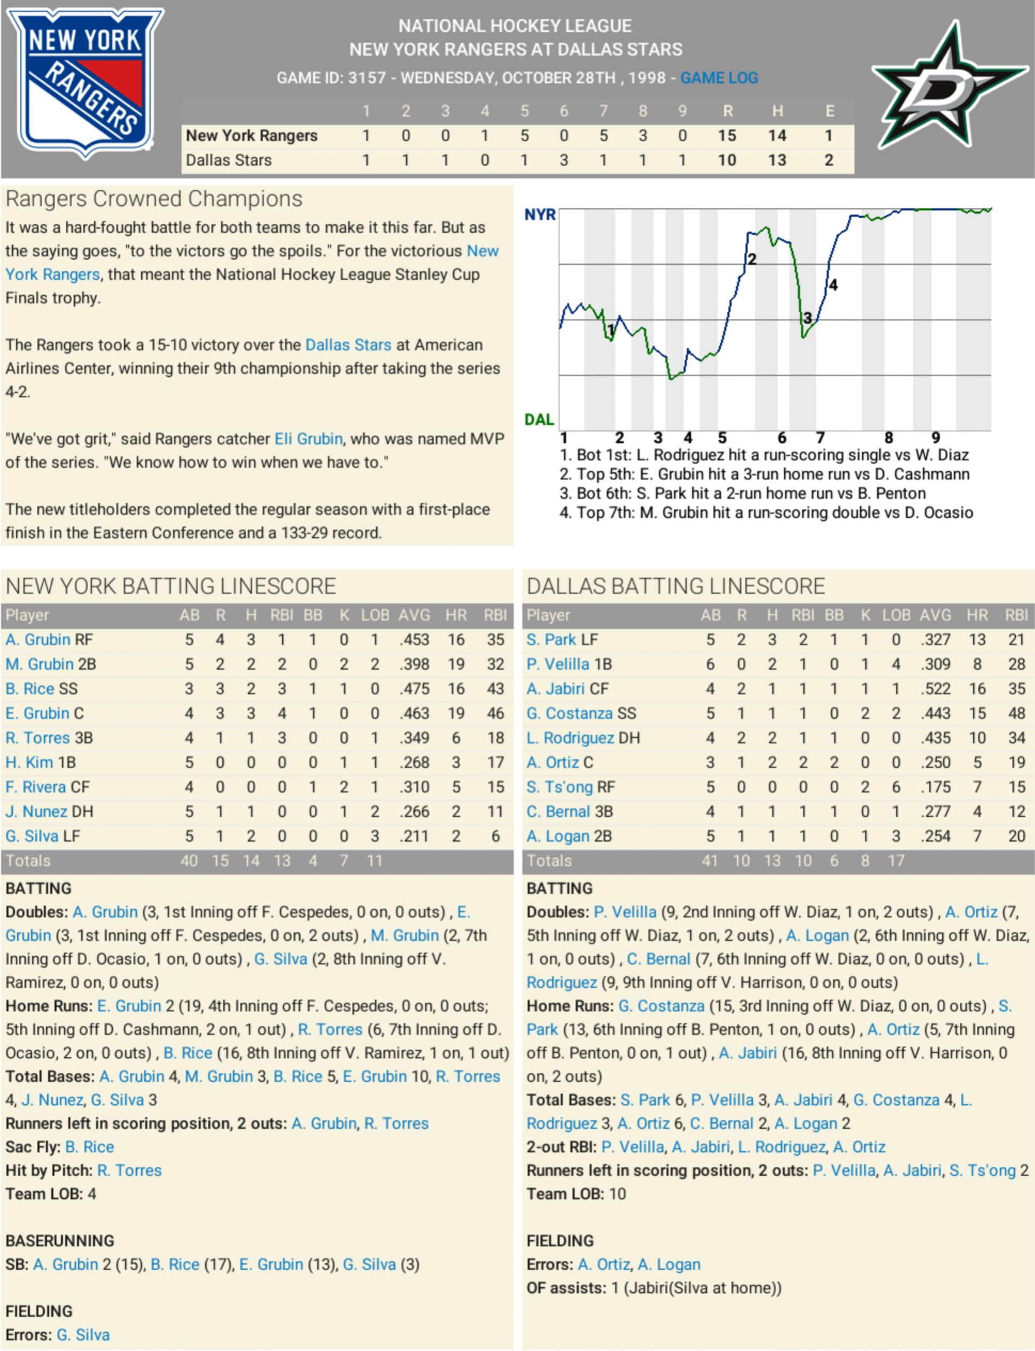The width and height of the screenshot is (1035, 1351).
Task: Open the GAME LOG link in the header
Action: click(719, 78)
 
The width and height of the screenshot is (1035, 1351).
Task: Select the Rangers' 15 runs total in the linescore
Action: click(727, 136)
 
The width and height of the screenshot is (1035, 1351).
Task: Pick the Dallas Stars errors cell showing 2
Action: click(829, 160)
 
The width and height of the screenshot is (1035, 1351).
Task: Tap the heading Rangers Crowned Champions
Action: click(154, 199)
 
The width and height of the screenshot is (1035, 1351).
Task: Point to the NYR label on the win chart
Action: click(540, 214)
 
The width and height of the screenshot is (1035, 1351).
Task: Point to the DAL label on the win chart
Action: click(539, 419)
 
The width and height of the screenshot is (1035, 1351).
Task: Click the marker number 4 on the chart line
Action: click(833, 285)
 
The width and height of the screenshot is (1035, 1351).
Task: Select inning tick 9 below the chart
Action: click(935, 438)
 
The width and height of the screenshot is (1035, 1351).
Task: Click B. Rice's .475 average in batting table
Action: click(414, 689)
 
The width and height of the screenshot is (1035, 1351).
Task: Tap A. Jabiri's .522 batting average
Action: click(936, 689)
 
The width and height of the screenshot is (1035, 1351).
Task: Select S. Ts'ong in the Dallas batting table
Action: click(559, 787)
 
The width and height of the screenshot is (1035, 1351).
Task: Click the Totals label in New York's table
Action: click(28, 861)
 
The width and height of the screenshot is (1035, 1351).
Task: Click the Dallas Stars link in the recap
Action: click(348, 345)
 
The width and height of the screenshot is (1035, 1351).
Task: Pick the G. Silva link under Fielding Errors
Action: click(83, 1335)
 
